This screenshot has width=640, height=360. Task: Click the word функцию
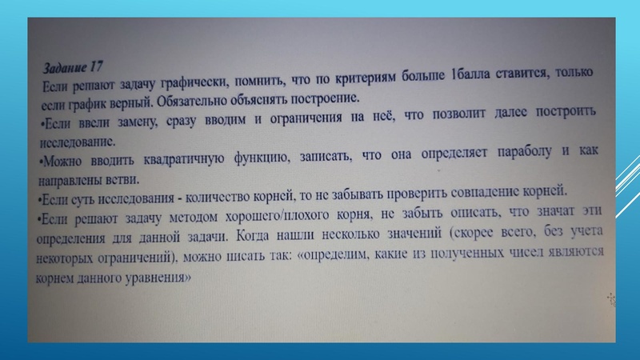coord(274,158)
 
